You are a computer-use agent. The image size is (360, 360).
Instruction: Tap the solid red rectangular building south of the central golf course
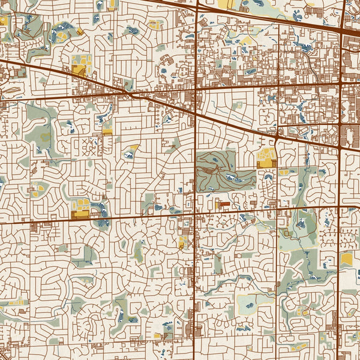tap(223, 204)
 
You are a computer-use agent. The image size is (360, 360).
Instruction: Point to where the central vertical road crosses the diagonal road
tap(196, 112)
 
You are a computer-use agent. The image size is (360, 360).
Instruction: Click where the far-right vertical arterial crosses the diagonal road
tap(340, 144)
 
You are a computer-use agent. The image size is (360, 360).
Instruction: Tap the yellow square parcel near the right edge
tap(347, 259)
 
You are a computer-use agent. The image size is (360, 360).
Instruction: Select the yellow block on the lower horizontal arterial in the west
tap(80, 214)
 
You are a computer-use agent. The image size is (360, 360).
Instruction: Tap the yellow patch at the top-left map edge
tap(4, 20)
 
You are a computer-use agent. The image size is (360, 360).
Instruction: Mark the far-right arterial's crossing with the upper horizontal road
tap(340, 84)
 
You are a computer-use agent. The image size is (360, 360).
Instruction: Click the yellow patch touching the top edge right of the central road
tap(227, 4)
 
